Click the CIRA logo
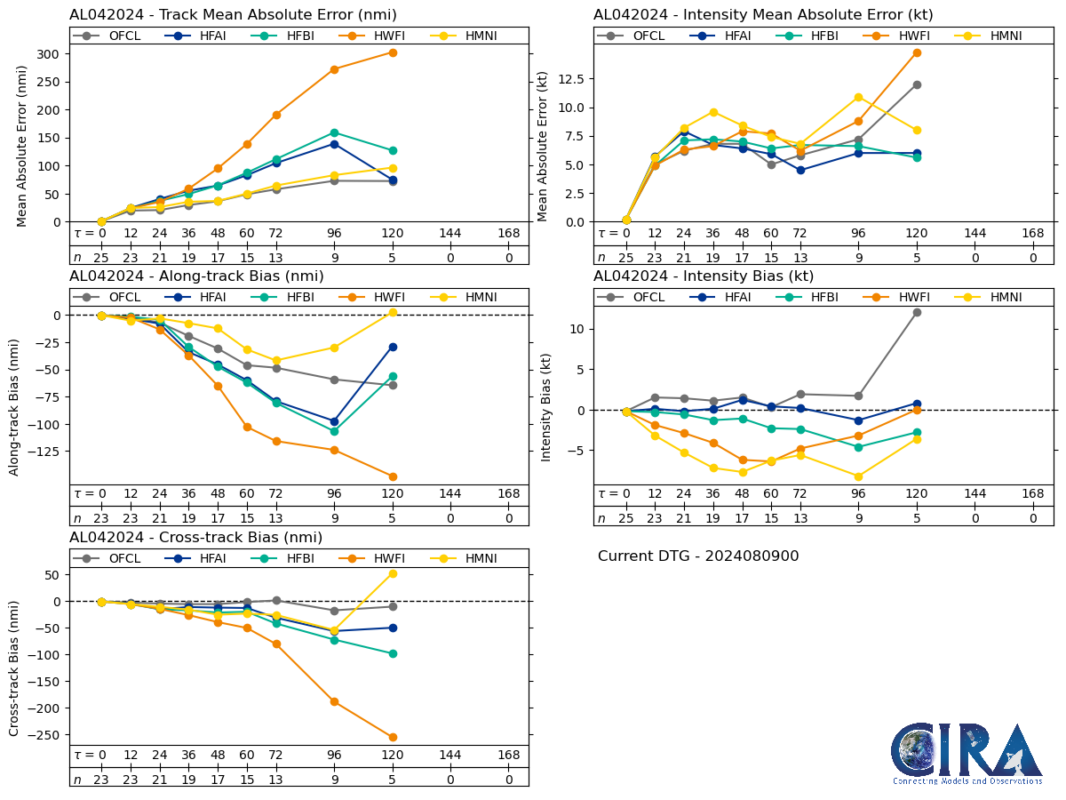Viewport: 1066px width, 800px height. point(967,753)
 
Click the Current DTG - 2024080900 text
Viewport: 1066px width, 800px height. point(698,556)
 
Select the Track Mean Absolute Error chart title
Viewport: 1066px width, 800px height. point(233,14)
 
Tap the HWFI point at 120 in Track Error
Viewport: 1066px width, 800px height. point(393,52)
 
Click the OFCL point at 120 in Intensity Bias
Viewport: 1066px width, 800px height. point(917,312)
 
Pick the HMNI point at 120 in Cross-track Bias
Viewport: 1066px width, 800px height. point(393,573)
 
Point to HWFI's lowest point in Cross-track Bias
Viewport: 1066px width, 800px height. point(393,737)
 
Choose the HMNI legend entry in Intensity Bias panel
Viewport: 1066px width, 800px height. point(998,298)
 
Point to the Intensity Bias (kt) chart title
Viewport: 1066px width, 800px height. point(704,276)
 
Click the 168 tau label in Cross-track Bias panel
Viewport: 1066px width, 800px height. point(509,756)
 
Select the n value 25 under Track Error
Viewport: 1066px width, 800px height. point(101,257)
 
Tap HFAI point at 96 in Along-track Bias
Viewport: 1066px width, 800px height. point(334,421)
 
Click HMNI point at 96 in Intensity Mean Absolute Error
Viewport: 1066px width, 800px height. point(858,97)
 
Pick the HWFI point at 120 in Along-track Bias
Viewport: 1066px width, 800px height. point(393,476)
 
